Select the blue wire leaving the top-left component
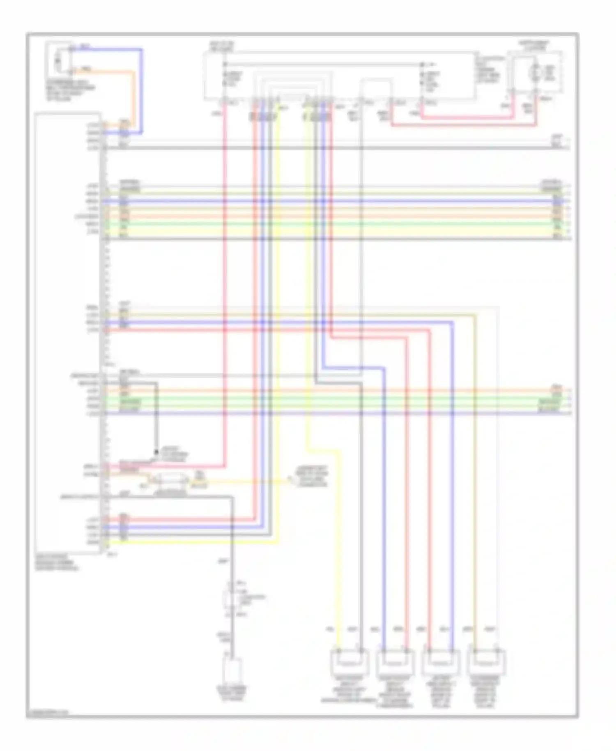[x=142, y=90]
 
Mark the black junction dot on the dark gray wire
[x=156, y=452]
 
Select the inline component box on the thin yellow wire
[x=170, y=480]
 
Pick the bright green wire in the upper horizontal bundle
[x=329, y=224]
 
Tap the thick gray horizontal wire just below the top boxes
[x=329, y=147]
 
